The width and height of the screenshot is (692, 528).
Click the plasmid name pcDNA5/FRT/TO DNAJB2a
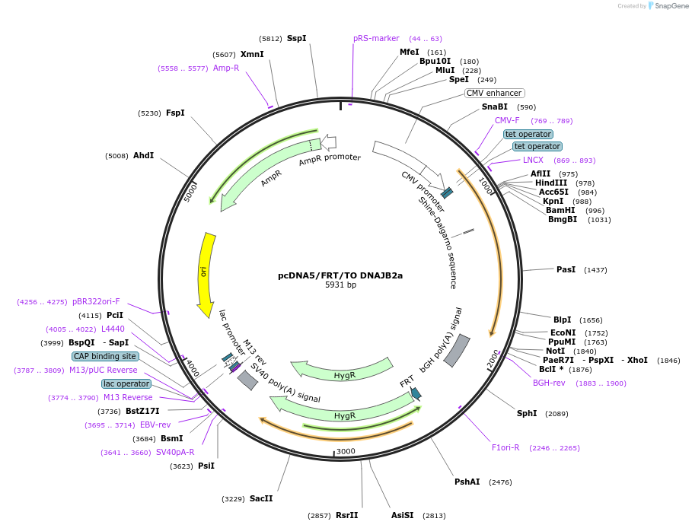point(340,275)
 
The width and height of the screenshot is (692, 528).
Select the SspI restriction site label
point(297,38)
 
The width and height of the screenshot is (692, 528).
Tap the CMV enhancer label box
point(494,93)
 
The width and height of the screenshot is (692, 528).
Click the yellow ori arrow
point(205,272)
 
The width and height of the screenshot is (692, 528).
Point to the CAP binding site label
point(105,356)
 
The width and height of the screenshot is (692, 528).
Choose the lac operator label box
point(126,383)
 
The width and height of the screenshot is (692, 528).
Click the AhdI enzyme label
point(144,155)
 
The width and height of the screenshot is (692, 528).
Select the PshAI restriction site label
point(467,482)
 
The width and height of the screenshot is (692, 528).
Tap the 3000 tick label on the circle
point(346,451)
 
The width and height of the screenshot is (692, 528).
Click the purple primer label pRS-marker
point(376,38)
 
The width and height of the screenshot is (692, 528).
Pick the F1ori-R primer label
point(505,447)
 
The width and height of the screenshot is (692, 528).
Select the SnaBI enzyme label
point(495,107)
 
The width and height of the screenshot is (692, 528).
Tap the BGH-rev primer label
point(549,383)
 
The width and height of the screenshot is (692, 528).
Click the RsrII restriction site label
point(346,515)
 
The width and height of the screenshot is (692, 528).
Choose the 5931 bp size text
point(340,285)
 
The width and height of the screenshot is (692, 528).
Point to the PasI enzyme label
point(566,269)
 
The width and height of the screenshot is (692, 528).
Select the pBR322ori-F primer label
point(96,301)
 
